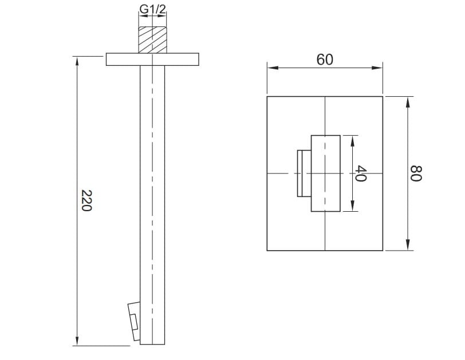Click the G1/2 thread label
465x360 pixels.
[x=152, y=9]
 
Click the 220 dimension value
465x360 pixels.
[x=86, y=200]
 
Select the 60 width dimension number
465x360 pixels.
[x=325, y=60]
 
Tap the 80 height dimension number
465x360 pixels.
[x=416, y=173]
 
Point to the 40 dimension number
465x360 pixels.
[x=361, y=173]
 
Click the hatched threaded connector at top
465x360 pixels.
[x=152, y=40]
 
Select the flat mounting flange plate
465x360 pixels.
[x=152, y=60]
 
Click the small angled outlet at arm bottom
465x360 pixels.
[x=134, y=321]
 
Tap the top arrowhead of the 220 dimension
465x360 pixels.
[x=77, y=62]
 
